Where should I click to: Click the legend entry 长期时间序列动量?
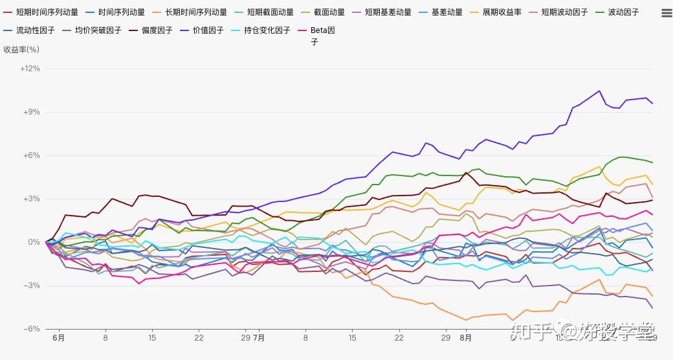(195, 12)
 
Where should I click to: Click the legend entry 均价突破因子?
(98, 30)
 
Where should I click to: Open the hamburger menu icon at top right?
(666, 12)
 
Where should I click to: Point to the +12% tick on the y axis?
(30, 69)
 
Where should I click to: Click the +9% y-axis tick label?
(32, 112)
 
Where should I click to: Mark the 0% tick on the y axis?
(34, 242)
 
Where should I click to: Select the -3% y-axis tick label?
(32, 286)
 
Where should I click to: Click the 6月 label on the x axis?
(58, 338)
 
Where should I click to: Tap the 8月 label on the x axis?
(465, 338)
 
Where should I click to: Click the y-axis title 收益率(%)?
(21, 49)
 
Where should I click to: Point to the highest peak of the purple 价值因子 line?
(599, 91)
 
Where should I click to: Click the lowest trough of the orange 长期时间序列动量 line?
(465, 320)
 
